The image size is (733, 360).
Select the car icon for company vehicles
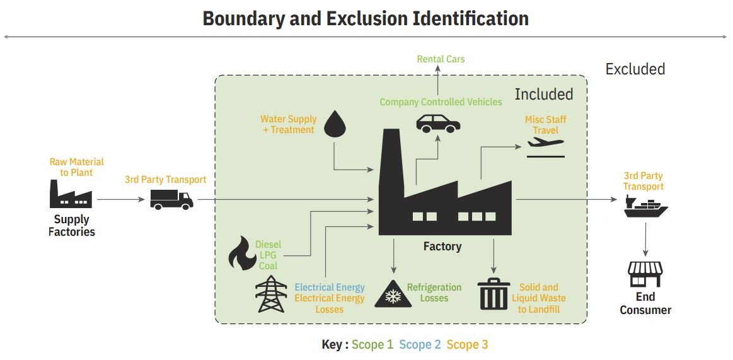(x=438, y=122)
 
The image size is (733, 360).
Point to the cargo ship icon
(x=645, y=207)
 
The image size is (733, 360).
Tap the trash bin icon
(x=494, y=294)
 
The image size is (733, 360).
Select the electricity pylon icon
(x=271, y=294)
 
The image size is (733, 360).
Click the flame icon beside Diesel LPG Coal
(x=241, y=253)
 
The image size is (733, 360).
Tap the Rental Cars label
(x=441, y=59)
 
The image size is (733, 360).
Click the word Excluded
(x=635, y=69)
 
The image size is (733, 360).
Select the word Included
(x=543, y=95)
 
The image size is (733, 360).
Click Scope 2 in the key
(x=420, y=344)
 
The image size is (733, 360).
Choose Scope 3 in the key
(x=467, y=344)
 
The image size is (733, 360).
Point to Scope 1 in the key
(x=372, y=344)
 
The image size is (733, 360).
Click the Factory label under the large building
(x=442, y=247)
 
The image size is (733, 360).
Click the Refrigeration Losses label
(x=434, y=293)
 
